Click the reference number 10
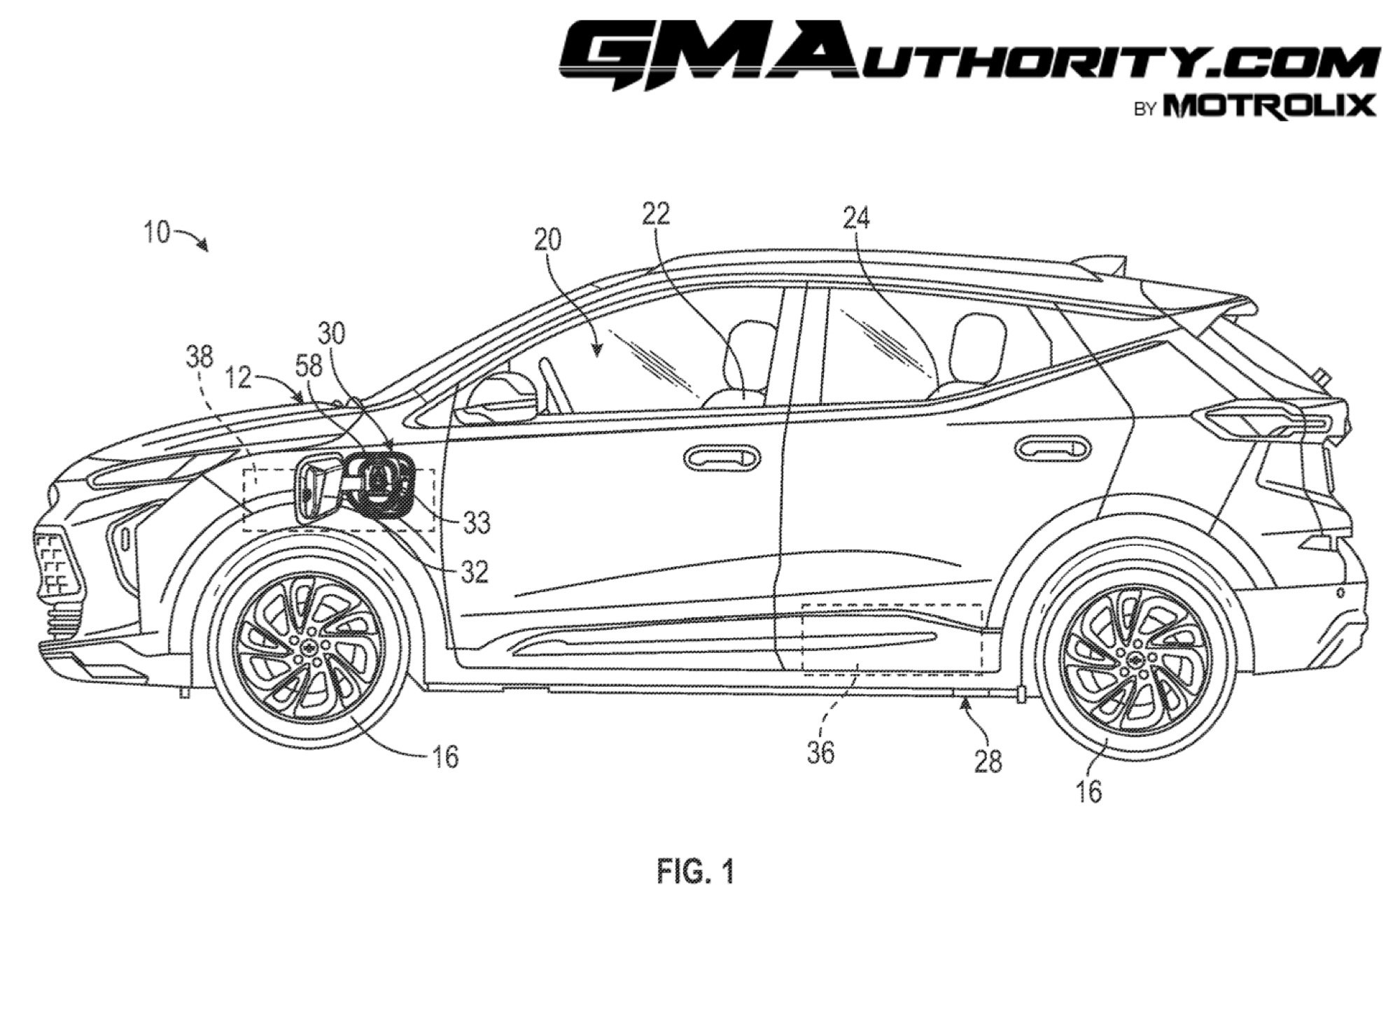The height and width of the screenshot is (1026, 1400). pyautogui.click(x=157, y=232)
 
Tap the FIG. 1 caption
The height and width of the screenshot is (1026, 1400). pyautogui.click(x=696, y=872)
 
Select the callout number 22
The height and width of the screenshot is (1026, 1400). pyautogui.click(x=656, y=214)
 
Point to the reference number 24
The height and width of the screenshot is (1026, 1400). pyautogui.click(x=856, y=219)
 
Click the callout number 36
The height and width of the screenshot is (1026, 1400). pyautogui.click(x=820, y=752)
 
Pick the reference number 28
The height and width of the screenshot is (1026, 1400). pyautogui.click(x=988, y=761)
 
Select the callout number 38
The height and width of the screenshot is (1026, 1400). pyautogui.click(x=199, y=357)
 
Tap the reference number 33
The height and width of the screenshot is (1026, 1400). pyautogui.click(x=476, y=523)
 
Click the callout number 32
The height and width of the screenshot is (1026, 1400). pyautogui.click(x=474, y=572)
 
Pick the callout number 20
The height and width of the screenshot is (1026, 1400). pyautogui.click(x=547, y=240)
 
